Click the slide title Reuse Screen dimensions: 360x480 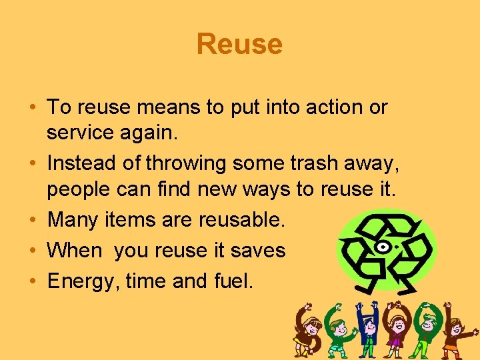point(239,45)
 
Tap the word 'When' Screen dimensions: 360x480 point(75,251)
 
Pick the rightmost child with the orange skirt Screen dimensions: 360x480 point(457,333)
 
